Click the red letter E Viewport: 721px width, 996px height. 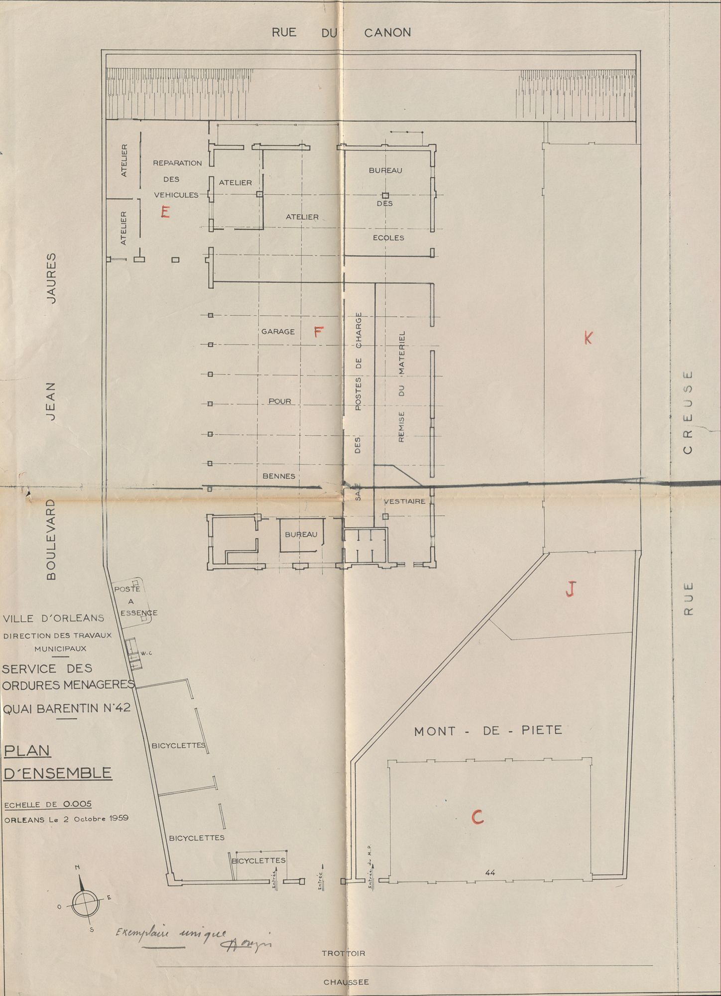point(165,212)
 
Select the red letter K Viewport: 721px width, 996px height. point(588,339)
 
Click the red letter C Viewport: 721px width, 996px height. point(477,817)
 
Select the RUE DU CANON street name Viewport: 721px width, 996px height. point(341,32)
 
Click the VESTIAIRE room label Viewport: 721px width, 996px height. point(405,501)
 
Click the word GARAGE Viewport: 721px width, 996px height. point(278,331)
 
